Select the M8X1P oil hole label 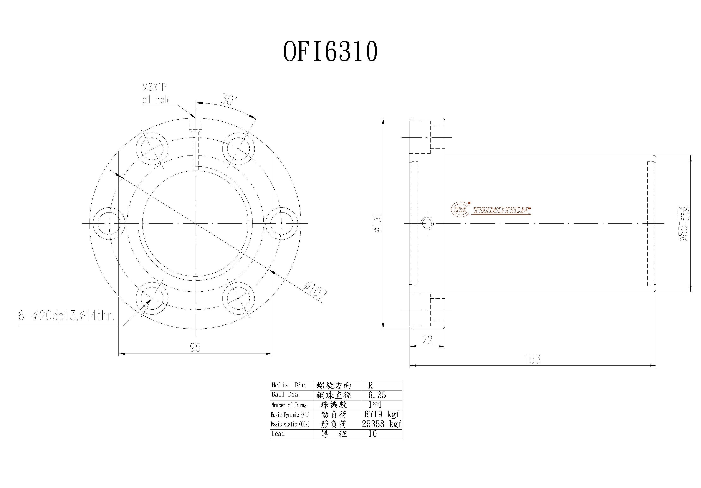point(156,94)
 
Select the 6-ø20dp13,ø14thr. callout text point(66,316)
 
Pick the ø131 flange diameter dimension point(377,223)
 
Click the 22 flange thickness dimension point(427,340)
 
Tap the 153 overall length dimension point(532,360)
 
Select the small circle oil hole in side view point(427,223)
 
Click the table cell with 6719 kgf point(382,414)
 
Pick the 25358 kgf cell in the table point(382,424)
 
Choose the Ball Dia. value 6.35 point(377,395)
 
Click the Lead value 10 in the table point(372,434)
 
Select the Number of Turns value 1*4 point(375,405)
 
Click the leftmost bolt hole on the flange point(109,223)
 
